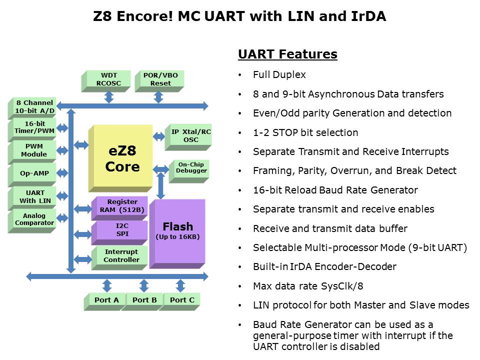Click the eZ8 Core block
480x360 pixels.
(121, 158)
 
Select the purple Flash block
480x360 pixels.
(177, 231)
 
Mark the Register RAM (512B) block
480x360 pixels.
(119, 206)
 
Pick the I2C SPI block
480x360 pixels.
(119, 229)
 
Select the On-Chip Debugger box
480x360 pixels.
(190, 167)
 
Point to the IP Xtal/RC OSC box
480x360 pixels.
(191, 135)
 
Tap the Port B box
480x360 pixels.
(144, 300)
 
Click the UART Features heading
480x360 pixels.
(287, 54)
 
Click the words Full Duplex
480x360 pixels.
(279, 74)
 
